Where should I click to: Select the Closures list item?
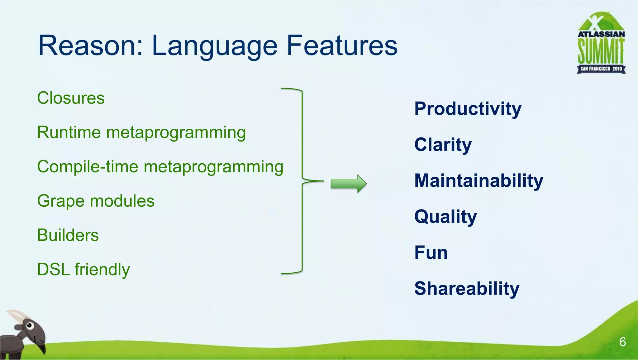click(71, 98)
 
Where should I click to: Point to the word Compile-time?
click(87, 166)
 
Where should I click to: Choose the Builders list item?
click(68, 235)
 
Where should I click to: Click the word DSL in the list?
click(53, 270)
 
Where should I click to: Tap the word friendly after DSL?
click(102, 270)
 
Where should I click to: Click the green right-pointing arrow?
click(348, 184)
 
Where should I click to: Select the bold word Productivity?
click(468, 109)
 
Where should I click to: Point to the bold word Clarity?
click(443, 145)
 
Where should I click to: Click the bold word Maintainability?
click(478, 181)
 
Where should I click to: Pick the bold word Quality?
click(445, 217)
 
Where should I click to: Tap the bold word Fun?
click(431, 253)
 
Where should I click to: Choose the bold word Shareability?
click(467, 289)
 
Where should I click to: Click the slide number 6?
click(622, 342)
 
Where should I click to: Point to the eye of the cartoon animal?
click(30, 326)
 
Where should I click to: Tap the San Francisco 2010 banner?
click(601, 69)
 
